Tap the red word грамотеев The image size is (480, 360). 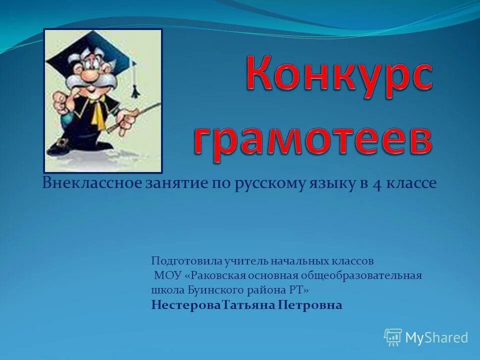point(312,134)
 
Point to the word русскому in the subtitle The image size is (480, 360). point(270,183)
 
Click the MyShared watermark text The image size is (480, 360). point(436,338)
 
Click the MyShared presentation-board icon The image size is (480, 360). point(393,337)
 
